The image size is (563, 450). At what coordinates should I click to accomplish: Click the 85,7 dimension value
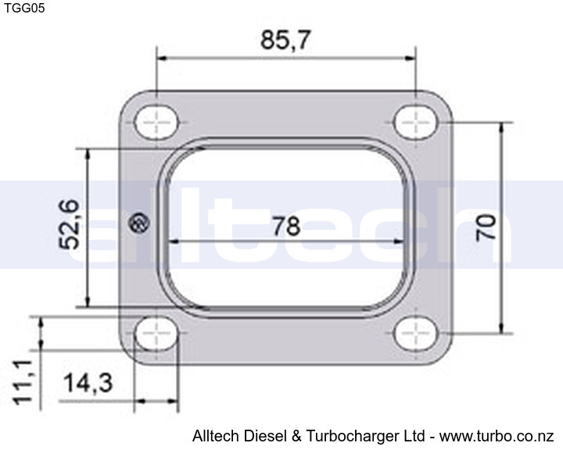(x=285, y=40)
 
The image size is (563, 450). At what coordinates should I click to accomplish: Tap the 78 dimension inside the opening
(x=286, y=226)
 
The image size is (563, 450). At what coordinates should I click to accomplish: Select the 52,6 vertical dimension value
(x=69, y=224)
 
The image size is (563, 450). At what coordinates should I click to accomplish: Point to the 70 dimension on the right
(x=486, y=227)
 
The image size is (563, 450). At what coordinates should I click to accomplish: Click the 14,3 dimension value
(x=88, y=383)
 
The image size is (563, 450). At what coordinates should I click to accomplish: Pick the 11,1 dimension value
(x=23, y=383)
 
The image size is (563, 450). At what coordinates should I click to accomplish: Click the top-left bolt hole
(x=156, y=123)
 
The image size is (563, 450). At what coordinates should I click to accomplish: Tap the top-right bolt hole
(x=415, y=123)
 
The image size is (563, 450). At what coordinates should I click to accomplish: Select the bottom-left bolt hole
(x=156, y=334)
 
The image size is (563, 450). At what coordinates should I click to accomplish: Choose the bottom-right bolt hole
(x=415, y=334)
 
